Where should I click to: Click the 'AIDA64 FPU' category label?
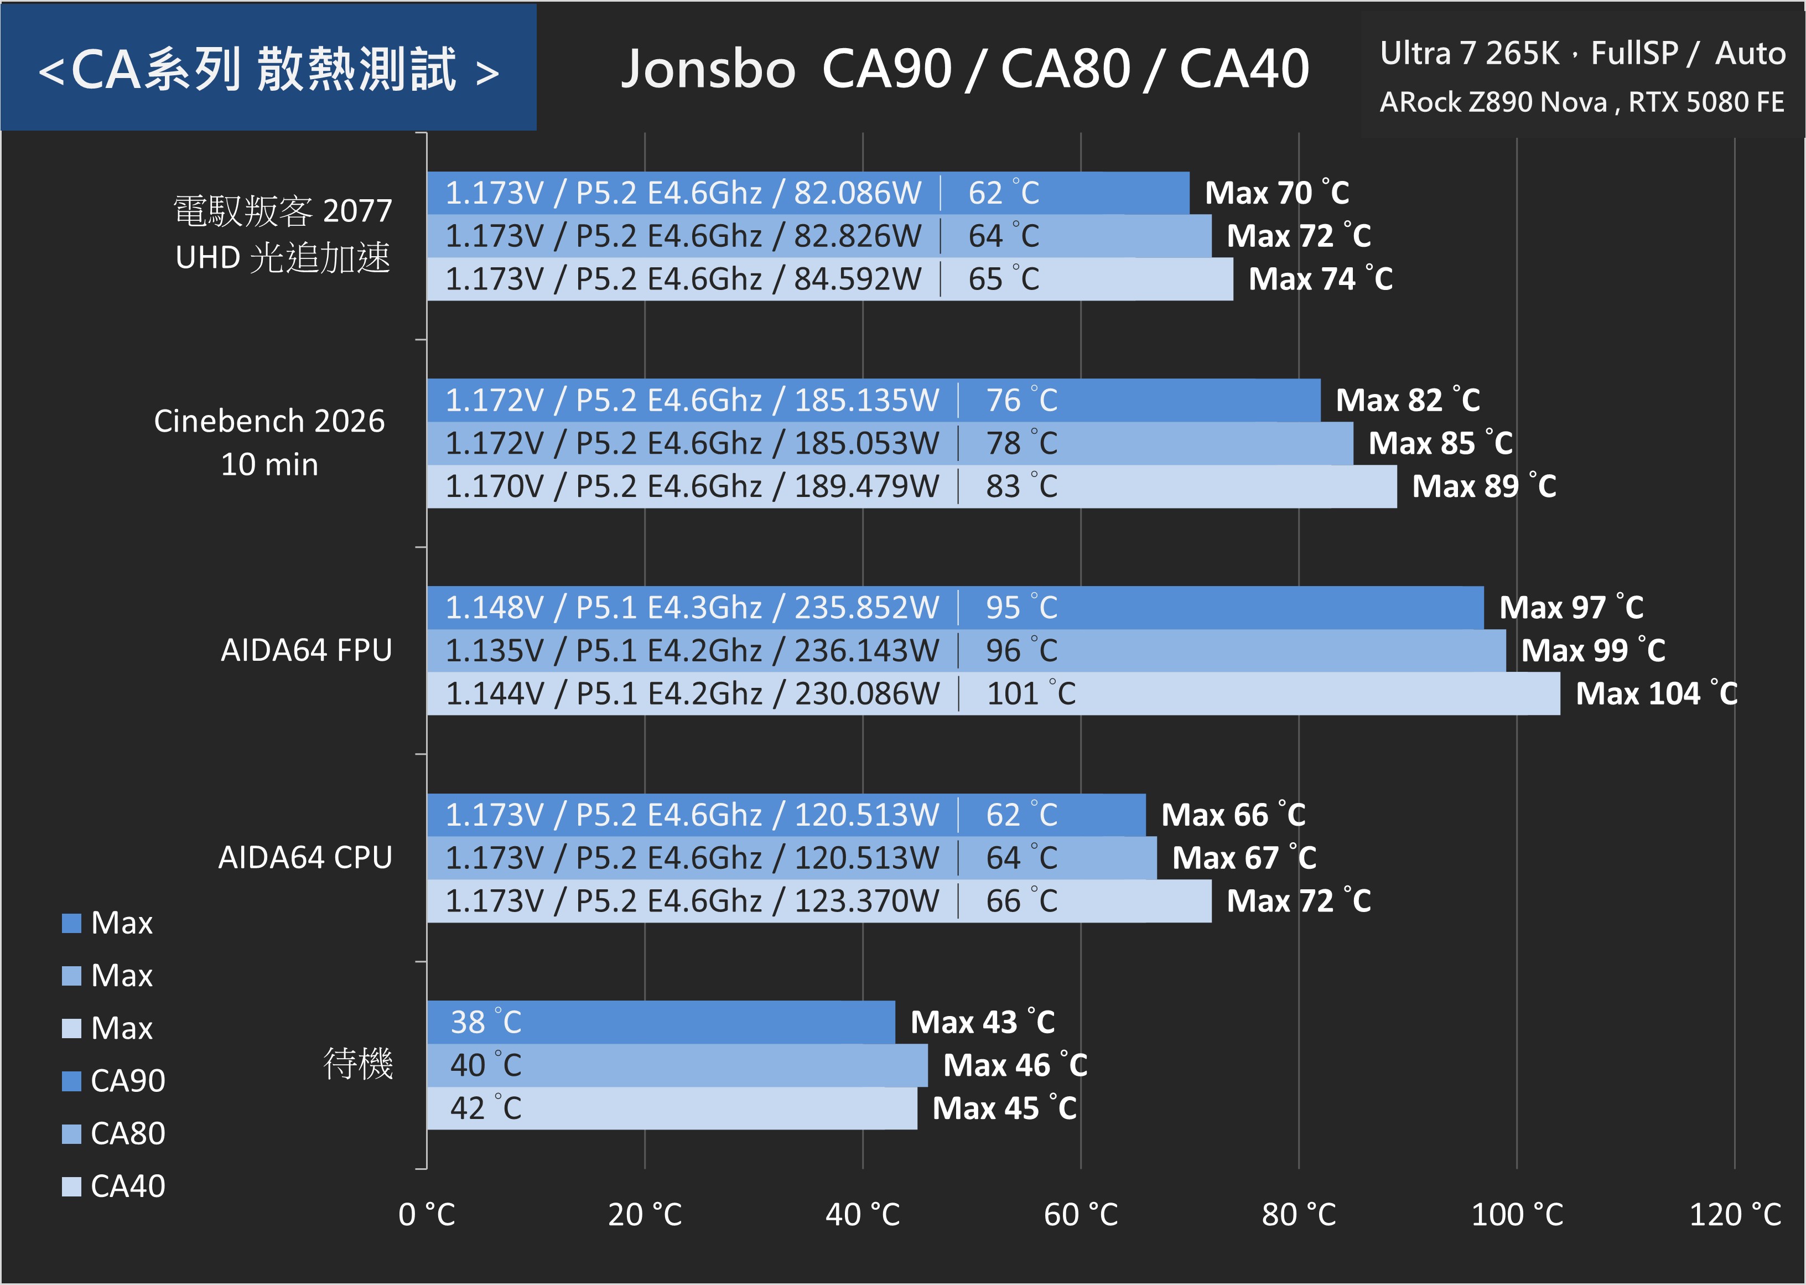pyautogui.click(x=306, y=650)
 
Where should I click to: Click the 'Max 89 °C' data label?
pyautogui.click(x=1484, y=486)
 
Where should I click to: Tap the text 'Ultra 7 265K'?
pyautogui.click(x=1469, y=54)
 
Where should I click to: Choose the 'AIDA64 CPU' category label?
pyautogui.click(x=305, y=858)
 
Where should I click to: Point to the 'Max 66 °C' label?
pyautogui.click(x=1232, y=815)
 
